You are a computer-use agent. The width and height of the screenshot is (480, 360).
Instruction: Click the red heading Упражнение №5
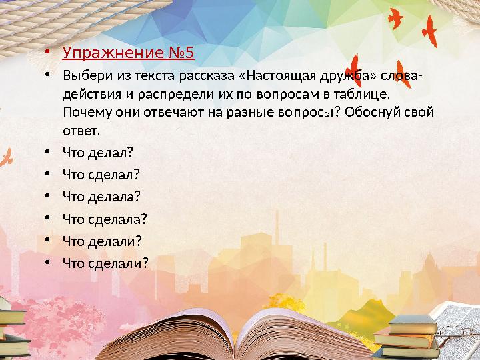[x=128, y=53]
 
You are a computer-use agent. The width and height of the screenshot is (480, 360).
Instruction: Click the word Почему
[x=84, y=111]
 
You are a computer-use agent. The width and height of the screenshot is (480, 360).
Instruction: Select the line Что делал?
[x=97, y=152]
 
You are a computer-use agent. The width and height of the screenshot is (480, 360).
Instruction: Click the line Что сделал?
[x=101, y=174]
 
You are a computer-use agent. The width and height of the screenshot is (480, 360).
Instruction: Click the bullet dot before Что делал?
[x=48, y=152]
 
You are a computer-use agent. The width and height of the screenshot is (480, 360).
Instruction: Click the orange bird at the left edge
[x=7, y=158]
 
